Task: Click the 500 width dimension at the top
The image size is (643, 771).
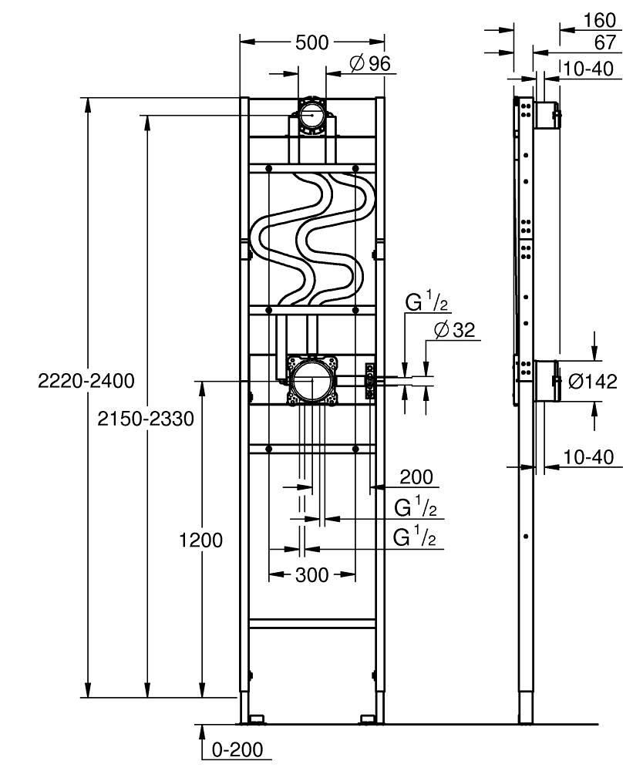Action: [x=312, y=42]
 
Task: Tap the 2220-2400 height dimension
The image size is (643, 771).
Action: [x=86, y=380]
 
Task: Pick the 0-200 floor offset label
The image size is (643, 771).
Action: [x=237, y=749]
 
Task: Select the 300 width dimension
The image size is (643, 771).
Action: [x=311, y=574]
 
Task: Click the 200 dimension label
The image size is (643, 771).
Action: [x=416, y=478]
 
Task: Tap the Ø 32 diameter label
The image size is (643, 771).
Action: [x=456, y=330]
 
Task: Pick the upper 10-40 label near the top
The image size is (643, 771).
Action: [x=587, y=69]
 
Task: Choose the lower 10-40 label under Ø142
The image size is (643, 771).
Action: [x=587, y=457]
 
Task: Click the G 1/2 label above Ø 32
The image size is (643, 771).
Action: [x=423, y=301]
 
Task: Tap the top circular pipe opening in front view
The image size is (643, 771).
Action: [x=311, y=116]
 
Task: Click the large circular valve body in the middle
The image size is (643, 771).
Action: [x=312, y=380]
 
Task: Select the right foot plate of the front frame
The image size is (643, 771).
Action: [x=371, y=720]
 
